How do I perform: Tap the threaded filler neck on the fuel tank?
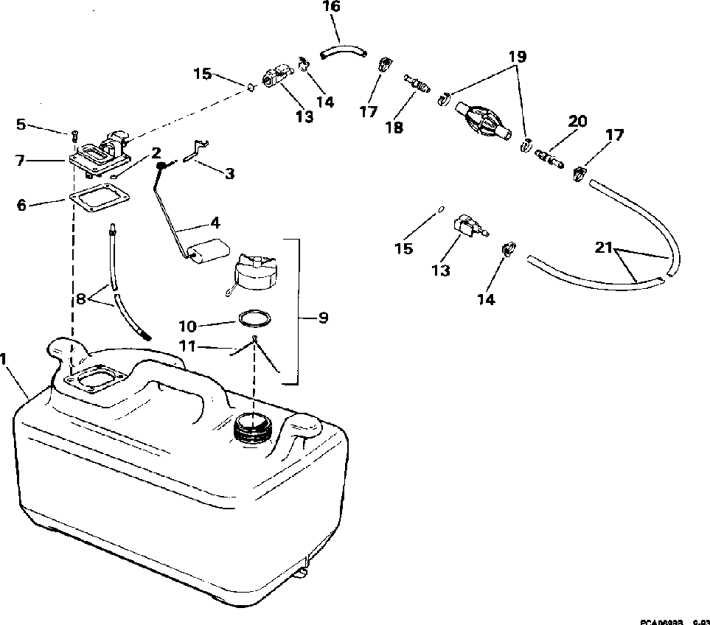(x=251, y=427)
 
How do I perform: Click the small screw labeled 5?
(x=74, y=136)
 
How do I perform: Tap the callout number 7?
(x=21, y=159)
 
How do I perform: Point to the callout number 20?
(x=578, y=121)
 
